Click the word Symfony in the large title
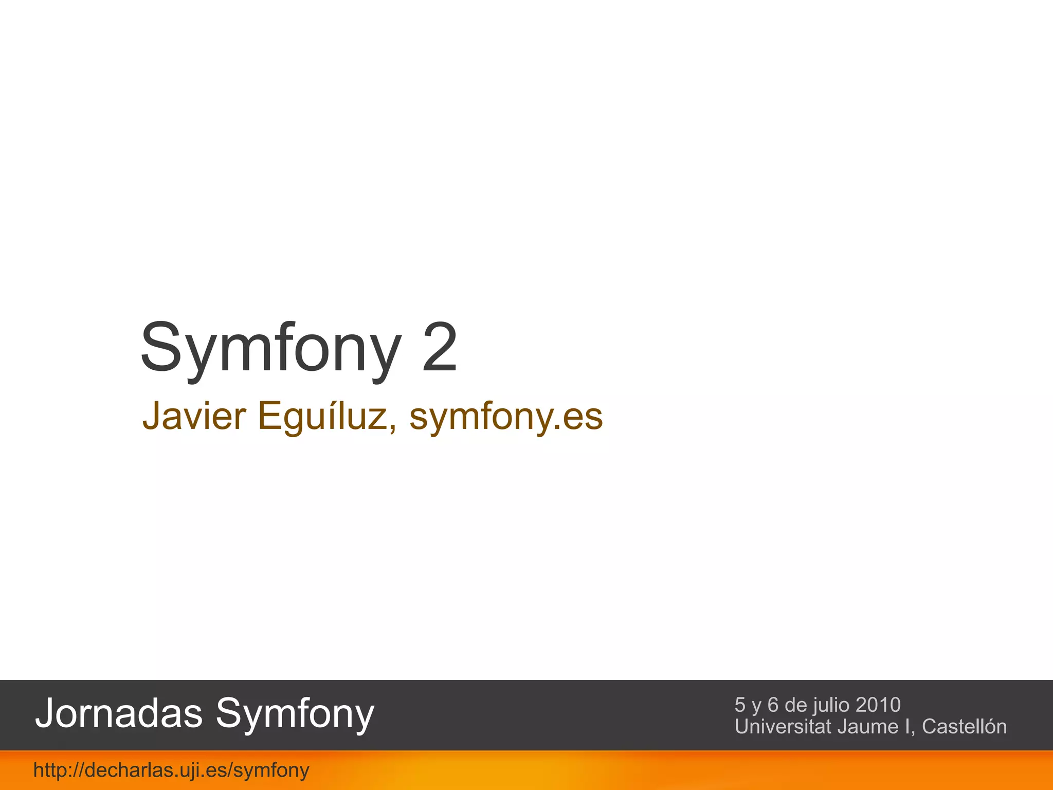270,348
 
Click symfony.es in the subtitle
506,417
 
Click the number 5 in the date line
740,705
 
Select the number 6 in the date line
773,705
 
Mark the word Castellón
964,726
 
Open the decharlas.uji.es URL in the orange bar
171,770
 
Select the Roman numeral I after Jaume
909,726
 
